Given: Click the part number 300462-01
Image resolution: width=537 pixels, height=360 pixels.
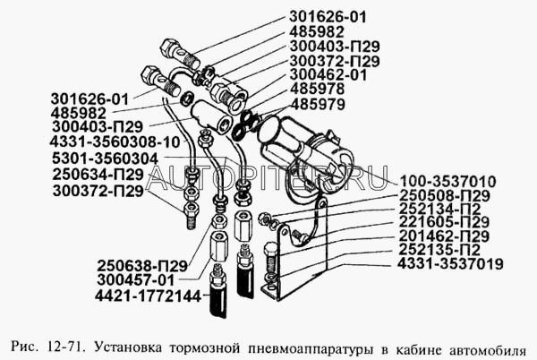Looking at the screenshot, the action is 328,74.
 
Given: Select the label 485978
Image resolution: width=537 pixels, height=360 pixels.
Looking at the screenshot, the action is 317,89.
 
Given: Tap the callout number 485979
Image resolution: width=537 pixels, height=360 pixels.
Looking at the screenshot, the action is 318,104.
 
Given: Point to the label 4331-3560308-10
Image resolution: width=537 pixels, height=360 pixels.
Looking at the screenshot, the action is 115,141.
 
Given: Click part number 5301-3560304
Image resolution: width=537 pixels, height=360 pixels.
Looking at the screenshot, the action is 105,159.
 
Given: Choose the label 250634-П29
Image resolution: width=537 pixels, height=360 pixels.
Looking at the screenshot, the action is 98,175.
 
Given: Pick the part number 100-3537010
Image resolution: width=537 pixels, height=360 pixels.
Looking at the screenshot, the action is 448,181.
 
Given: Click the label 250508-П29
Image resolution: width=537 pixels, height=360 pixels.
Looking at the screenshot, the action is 445,195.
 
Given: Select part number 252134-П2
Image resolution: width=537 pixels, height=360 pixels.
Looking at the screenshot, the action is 440,209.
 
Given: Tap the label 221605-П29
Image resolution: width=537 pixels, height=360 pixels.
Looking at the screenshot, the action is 444,222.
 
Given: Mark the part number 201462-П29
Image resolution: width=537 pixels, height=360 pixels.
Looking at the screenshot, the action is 444,236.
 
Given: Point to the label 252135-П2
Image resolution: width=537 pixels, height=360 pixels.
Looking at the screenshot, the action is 439,249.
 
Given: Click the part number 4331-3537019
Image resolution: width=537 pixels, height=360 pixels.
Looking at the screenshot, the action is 450,264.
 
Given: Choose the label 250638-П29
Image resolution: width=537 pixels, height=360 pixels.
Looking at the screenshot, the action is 142,266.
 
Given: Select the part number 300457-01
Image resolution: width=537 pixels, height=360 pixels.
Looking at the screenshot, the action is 136,280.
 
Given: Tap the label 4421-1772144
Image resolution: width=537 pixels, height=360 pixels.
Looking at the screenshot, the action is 148,296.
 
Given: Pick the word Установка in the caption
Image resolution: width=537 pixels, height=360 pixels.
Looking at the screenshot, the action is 128,347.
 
